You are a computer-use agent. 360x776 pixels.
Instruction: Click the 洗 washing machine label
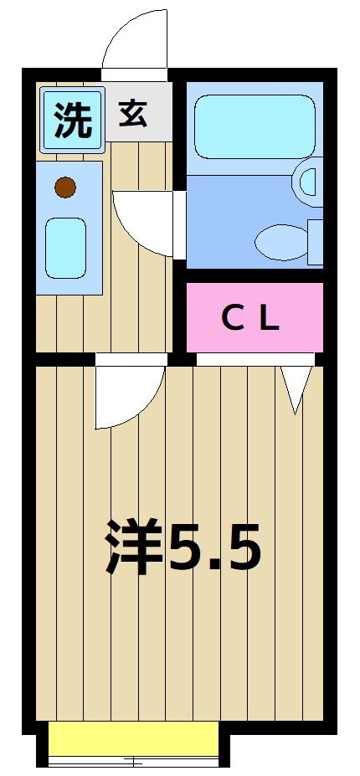coord(72,119)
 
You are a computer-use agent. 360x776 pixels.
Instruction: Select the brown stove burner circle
coord(65,188)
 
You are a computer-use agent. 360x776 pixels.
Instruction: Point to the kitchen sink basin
coord(65,248)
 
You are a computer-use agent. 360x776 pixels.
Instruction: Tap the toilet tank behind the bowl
coord(315,241)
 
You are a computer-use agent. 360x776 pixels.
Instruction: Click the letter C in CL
coord(231,318)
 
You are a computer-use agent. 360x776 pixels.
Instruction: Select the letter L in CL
coord(268,318)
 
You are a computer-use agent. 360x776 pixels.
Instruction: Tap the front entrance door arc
coord(134,40)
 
